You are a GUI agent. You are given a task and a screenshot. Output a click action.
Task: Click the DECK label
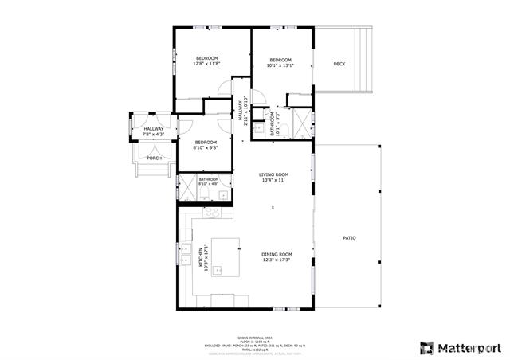339,64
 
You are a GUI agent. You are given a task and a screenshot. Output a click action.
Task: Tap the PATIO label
349,238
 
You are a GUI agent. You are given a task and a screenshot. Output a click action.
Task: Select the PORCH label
154,158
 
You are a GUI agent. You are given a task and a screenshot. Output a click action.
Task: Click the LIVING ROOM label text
273,174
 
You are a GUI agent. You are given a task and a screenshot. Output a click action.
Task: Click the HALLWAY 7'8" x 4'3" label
154,131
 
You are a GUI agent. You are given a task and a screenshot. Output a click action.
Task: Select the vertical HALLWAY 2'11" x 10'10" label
241,111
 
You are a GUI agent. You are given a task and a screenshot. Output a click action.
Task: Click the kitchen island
226,256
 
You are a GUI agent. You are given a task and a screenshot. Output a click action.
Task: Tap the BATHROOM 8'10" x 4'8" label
208,182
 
